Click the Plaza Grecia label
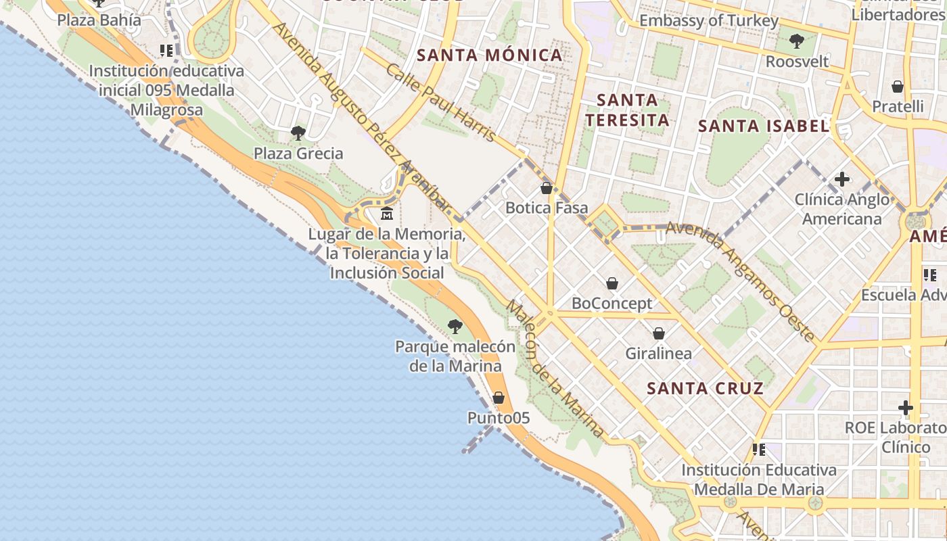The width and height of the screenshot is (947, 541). coord(298,154)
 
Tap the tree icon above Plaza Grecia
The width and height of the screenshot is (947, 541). coord(298,133)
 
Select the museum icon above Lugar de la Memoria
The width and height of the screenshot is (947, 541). coord(387,214)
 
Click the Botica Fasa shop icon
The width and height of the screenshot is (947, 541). coord(547,188)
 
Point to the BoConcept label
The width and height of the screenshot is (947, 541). coord(612,304)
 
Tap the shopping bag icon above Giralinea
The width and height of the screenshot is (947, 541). coord(659,333)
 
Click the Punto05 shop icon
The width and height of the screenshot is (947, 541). coord(499,398)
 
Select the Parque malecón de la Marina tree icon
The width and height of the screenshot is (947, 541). coord(455,327)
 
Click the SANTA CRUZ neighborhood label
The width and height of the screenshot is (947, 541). coord(705,388)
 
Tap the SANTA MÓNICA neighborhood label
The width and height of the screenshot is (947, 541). coord(490,55)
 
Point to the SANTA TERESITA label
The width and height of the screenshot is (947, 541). coord(627,110)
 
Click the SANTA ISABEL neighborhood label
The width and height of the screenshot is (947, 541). coord(764,126)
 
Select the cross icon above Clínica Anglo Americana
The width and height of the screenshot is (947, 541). coord(842,179)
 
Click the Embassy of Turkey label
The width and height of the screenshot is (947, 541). coord(709,21)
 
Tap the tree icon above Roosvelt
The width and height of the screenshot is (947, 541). coord(797,41)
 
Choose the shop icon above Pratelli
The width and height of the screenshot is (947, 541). coord(898,87)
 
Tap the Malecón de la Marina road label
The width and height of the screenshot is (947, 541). coord(555,369)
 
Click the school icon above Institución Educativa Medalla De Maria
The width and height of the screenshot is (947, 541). coord(759,449)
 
